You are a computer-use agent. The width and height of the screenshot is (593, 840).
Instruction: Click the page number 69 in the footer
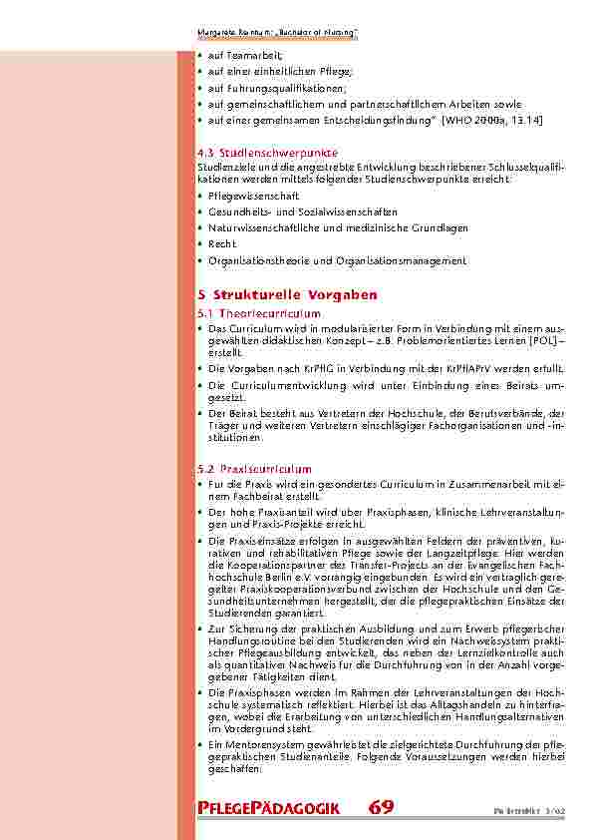click(381, 808)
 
